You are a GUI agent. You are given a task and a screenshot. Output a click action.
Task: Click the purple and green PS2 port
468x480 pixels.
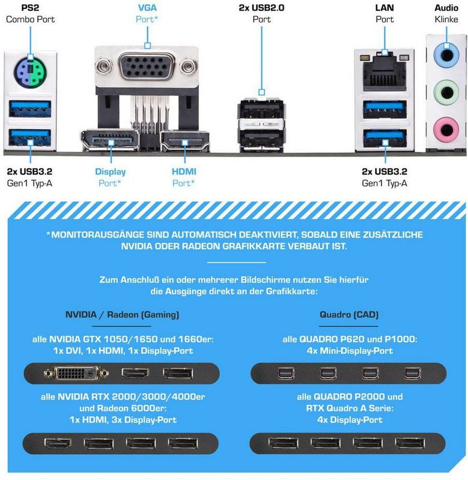[29, 72]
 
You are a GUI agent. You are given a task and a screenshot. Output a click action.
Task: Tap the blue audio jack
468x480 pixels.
[446, 56]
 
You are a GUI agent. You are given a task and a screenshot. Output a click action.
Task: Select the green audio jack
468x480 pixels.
[446, 92]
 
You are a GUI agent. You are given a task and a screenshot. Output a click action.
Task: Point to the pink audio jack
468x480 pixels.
[446, 130]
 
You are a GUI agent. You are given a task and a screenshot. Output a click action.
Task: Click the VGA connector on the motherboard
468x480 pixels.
[146, 67]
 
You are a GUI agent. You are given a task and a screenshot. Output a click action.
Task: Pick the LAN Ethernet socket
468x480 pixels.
[384, 73]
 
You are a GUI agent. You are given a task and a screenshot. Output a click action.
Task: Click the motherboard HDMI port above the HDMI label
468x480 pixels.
[185, 141]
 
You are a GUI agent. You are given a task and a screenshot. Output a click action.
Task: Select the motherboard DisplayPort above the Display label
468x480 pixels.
[111, 140]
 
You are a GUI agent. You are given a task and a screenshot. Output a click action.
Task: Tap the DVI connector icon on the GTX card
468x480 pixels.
[76, 373]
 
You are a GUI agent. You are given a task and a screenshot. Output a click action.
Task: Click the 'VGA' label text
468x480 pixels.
[147, 8]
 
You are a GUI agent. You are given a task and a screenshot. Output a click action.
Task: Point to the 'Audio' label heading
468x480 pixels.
[446, 8]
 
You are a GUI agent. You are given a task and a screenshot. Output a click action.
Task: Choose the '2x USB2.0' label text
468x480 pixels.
[261, 8]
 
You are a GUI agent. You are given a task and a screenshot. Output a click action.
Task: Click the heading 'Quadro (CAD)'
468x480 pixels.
[349, 314]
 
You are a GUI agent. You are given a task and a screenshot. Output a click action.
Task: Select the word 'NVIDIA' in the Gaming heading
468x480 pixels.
[81, 314]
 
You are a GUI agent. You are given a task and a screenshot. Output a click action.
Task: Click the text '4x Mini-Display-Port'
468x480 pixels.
[350, 351]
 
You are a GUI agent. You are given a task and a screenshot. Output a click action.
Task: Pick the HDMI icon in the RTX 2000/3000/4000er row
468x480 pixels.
[58, 443]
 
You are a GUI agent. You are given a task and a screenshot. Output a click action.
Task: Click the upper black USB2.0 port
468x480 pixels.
[261, 109]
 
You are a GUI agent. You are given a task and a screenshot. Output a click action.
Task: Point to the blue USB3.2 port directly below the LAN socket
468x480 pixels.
[384, 109]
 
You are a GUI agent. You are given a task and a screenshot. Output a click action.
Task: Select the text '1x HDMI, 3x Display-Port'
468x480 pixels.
[123, 419]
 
